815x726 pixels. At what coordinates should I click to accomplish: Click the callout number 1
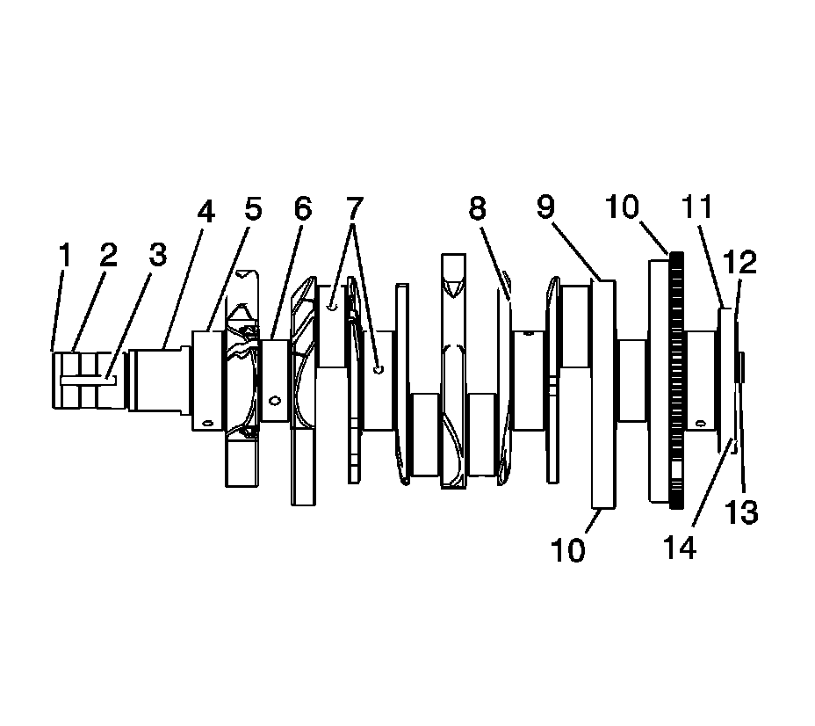point(64,255)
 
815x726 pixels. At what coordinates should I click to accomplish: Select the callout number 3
point(157,255)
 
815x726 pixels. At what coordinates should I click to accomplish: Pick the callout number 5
point(253,209)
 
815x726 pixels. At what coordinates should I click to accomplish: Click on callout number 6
point(302,209)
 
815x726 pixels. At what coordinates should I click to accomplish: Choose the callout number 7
point(353,209)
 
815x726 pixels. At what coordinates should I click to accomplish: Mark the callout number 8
point(477,209)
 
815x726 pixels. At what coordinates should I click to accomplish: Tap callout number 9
point(546,209)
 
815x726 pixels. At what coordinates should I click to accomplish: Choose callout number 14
point(681,547)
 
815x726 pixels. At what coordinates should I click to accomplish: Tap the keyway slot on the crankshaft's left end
point(88,380)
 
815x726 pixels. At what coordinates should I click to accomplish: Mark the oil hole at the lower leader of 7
point(378,369)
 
